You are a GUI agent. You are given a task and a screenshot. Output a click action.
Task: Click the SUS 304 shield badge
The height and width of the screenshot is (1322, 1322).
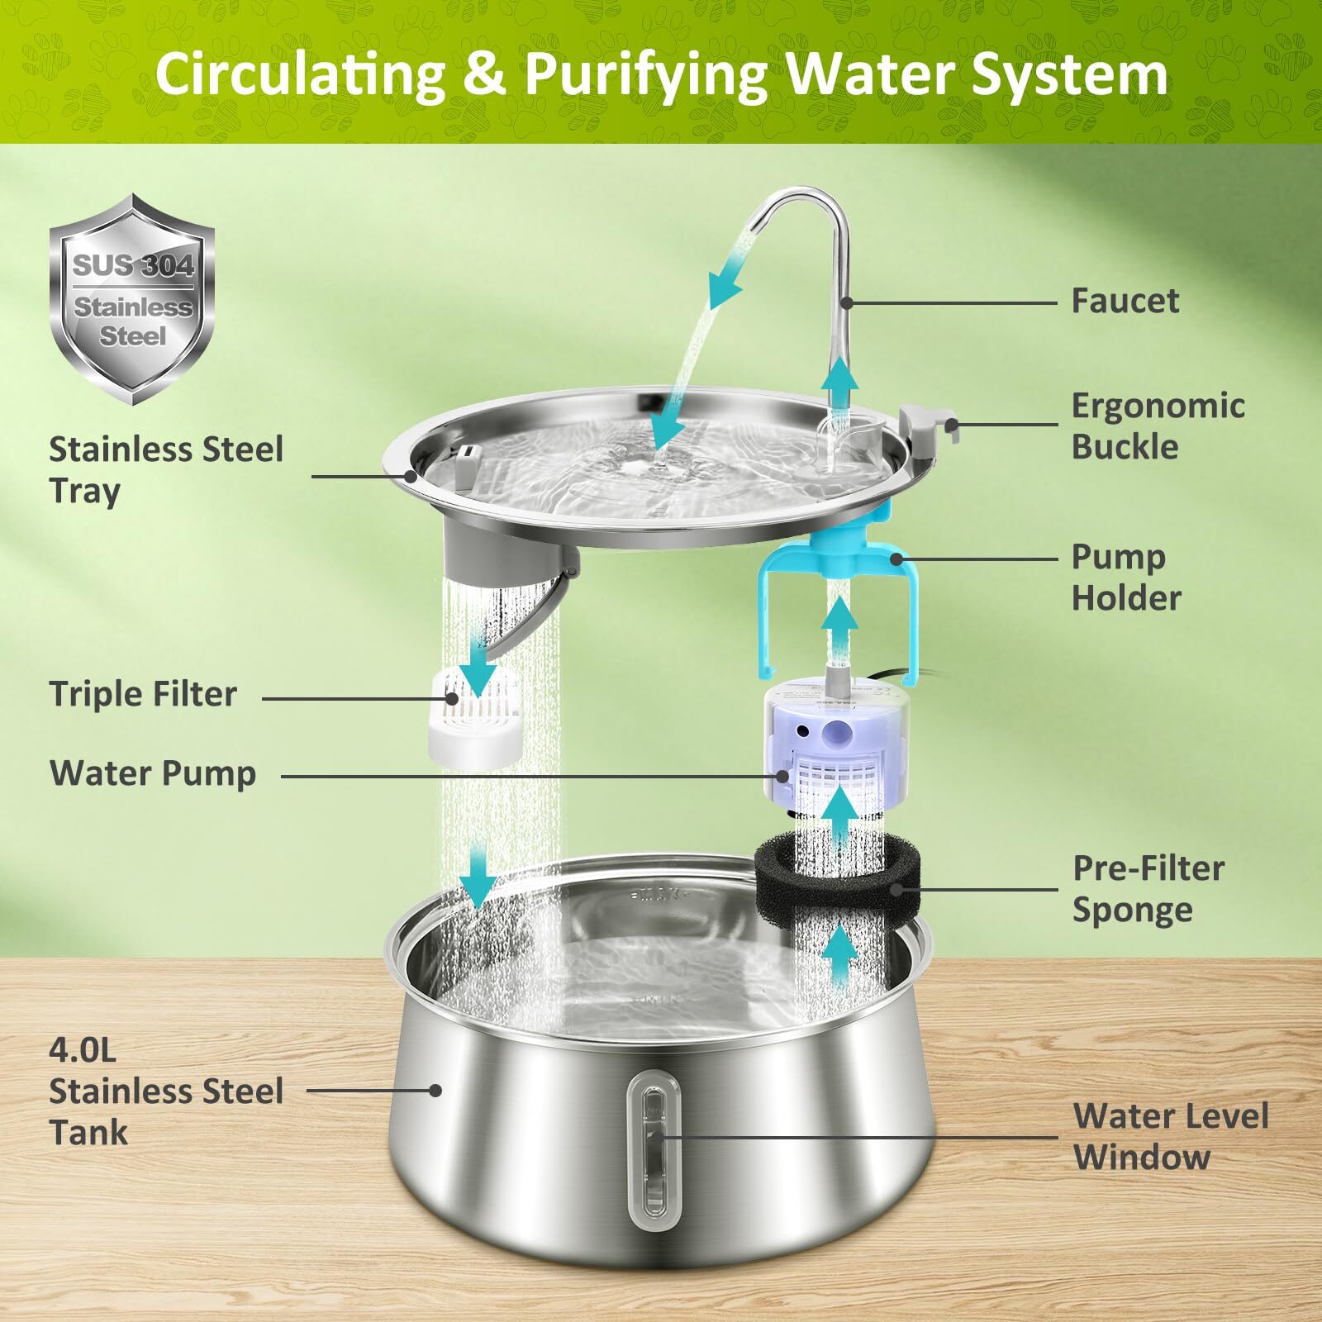tap(132, 299)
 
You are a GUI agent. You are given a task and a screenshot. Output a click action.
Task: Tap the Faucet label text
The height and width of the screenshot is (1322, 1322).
tap(1124, 301)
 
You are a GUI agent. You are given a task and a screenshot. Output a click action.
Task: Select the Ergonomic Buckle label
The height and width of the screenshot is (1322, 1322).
tap(1157, 426)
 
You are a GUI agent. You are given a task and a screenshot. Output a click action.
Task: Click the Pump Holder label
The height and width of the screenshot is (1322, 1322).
tap(1125, 578)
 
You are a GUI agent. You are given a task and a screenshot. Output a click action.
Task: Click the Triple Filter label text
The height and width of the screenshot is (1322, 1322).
tap(143, 694)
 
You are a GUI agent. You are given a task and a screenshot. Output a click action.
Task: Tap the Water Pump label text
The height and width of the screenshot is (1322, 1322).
tap(153, 773)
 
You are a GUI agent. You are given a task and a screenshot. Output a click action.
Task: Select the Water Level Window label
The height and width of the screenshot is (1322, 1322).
tap(1170, 1137)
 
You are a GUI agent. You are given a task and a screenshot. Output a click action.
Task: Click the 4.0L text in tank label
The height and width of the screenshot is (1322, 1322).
tap(83, 1051)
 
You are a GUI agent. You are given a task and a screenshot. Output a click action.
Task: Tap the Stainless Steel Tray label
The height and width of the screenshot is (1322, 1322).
tap(165, 469)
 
